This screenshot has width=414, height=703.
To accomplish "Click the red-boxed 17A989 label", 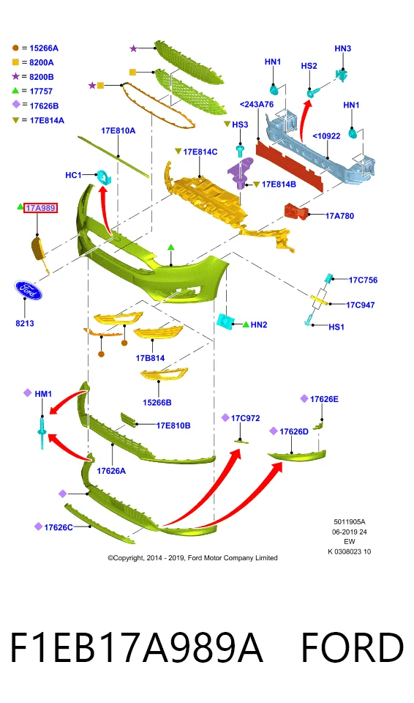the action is coord(40,207).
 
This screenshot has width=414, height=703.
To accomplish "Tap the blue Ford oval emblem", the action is coord(28,291).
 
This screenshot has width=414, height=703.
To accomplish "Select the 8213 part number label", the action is coord(25,323).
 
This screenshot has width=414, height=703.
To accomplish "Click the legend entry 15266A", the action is coord(44,48).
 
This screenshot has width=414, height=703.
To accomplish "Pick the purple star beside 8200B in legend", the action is coord(16,76).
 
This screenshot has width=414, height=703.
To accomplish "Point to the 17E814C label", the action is coord(200,152).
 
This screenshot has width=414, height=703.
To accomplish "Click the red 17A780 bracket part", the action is coord(296,211).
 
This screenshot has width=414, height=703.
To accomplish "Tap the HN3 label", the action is coord(343,48).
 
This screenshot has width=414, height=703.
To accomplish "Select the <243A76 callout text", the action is coord(257,105).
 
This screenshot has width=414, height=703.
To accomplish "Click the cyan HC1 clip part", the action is coord(105,177).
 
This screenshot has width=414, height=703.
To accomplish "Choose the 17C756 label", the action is coord(363,280).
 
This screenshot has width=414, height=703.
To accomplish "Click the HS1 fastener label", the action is coord(336,327).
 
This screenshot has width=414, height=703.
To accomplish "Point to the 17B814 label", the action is coord(150,358).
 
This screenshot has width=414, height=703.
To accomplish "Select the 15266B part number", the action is coord(157,403).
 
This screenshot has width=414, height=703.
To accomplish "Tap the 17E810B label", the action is coord(173,425).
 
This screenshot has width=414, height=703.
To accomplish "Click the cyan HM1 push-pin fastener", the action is coord(42,432).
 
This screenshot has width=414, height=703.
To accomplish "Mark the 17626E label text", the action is coord(324,399).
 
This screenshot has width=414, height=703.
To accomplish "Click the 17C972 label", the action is coord(246,418).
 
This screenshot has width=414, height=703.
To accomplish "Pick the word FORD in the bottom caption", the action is coord(352,647).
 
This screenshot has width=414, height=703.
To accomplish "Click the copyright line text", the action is coord(192,558).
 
